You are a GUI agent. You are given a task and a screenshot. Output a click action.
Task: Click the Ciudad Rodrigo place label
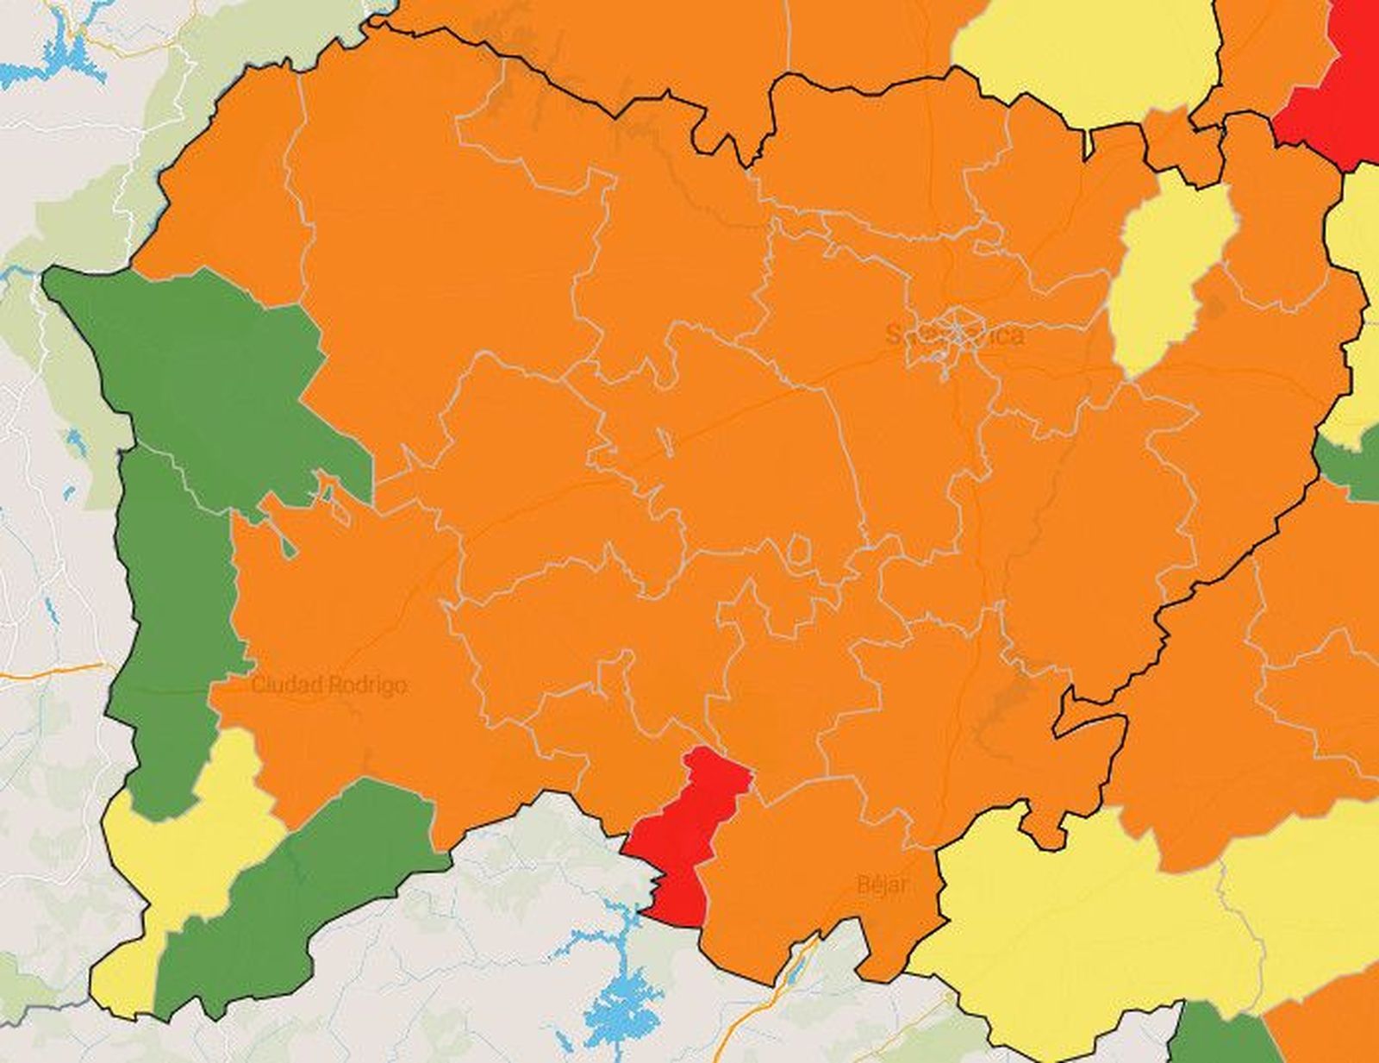(328, 685)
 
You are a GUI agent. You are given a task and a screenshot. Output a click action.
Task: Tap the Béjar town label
(883, 884)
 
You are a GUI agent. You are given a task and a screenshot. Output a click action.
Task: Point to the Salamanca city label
(955, 335)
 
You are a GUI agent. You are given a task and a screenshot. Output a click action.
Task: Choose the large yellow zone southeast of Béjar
(1077, 931)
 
